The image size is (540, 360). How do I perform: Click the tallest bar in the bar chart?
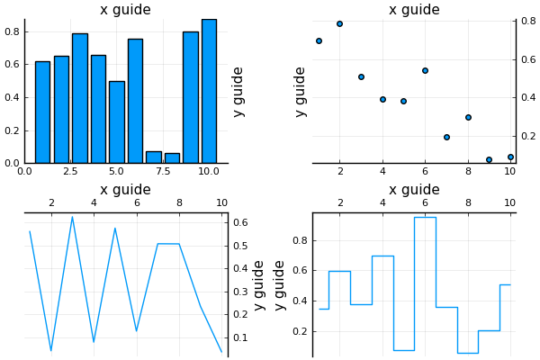[209, 90]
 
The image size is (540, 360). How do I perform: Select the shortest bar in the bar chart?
[172, 158]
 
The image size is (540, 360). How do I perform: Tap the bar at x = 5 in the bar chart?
[116, 121]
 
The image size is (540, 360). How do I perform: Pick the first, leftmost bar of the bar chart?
[42, 112]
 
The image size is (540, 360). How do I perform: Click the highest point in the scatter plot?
[339, 23]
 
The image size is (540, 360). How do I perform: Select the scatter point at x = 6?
[425, 70]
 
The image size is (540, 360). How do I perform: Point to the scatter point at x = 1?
[319, 40]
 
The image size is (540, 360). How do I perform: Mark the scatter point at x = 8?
[468, 117]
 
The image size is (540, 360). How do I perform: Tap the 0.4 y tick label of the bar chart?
[12, 97]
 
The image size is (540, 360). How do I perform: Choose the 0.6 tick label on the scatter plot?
[529, 59]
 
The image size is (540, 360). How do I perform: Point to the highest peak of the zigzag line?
[72, 216]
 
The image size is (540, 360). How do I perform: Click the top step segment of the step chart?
[425, 217]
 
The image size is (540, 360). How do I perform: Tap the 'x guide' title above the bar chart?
[125, 10]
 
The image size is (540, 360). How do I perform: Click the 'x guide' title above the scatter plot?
[414, 10]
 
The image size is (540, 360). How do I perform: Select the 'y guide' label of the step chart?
[280, 284]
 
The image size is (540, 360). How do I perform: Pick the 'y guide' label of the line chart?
[259, 284]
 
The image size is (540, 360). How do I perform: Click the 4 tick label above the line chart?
[94, 203]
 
